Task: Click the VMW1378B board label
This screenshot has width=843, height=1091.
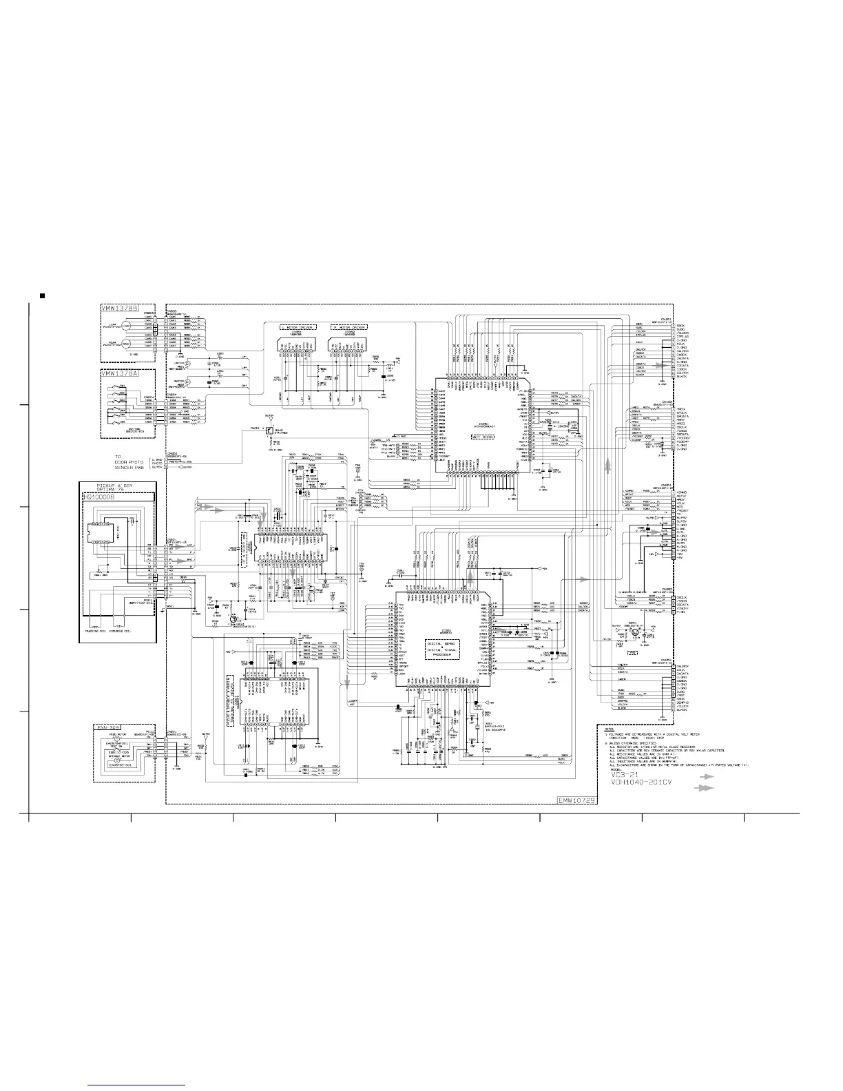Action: (121, 308)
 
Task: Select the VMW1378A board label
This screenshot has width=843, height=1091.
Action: (121, 373)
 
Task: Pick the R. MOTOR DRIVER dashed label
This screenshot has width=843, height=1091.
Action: (349, 327)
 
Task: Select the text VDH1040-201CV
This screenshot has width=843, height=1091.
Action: (640, 783)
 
